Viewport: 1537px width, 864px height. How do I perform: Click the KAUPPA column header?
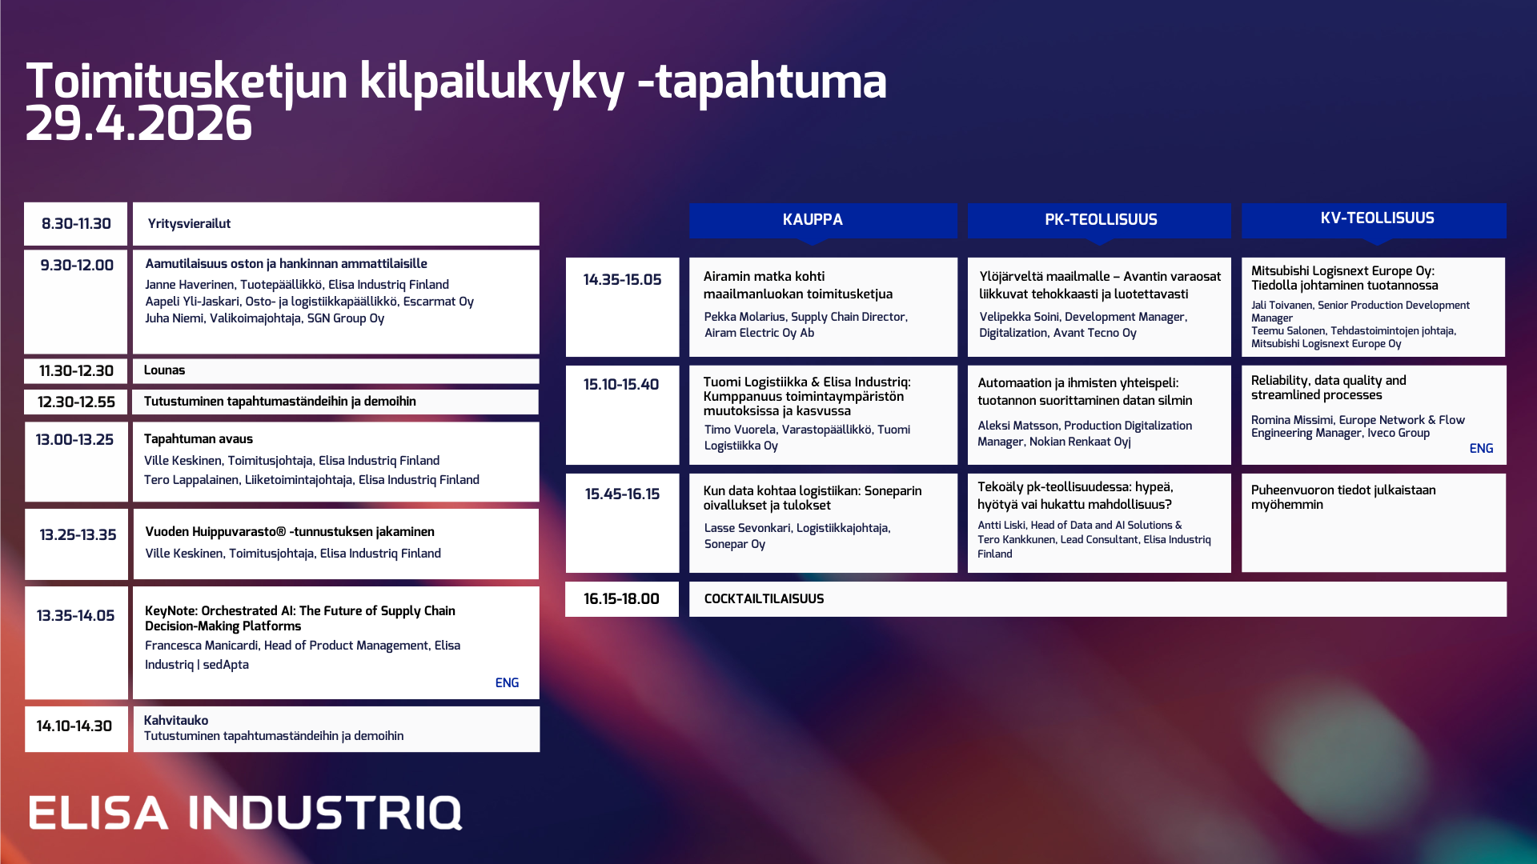tap(813, 219)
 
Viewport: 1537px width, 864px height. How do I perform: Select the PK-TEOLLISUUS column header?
tap(1101, 219)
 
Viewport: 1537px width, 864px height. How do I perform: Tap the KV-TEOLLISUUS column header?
tap(1377, 218)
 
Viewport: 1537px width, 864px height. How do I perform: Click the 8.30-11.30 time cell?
tap(76, 224)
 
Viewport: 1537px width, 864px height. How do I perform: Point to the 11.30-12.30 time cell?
tap(76, 371)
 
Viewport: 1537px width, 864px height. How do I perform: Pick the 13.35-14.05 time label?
tap(76, 616)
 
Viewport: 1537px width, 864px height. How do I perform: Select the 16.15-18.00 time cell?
tap(621, 599)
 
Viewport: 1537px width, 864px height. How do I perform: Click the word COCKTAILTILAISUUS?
tap(764, 599)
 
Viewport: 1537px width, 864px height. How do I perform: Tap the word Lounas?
tap(164, 370)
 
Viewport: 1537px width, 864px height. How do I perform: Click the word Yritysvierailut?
tap(189, 224)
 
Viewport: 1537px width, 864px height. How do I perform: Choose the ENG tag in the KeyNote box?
tap(507, 683)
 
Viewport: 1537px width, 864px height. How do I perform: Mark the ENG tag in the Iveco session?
tap(1481, 449)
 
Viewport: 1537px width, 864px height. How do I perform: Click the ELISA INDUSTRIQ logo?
tap(245, 813)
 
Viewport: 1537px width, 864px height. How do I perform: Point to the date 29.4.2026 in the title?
tap(139, 125)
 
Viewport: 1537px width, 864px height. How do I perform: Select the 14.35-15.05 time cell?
tap(622, 280)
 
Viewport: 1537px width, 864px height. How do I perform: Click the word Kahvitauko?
tap(176, 721)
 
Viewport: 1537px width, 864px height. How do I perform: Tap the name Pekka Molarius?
tap(744, 318)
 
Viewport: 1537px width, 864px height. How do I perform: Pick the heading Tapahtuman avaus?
tap(199, 439)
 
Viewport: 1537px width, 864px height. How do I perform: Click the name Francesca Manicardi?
tap(202, 646)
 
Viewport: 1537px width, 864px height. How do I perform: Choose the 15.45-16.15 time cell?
tap(622, 494)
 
